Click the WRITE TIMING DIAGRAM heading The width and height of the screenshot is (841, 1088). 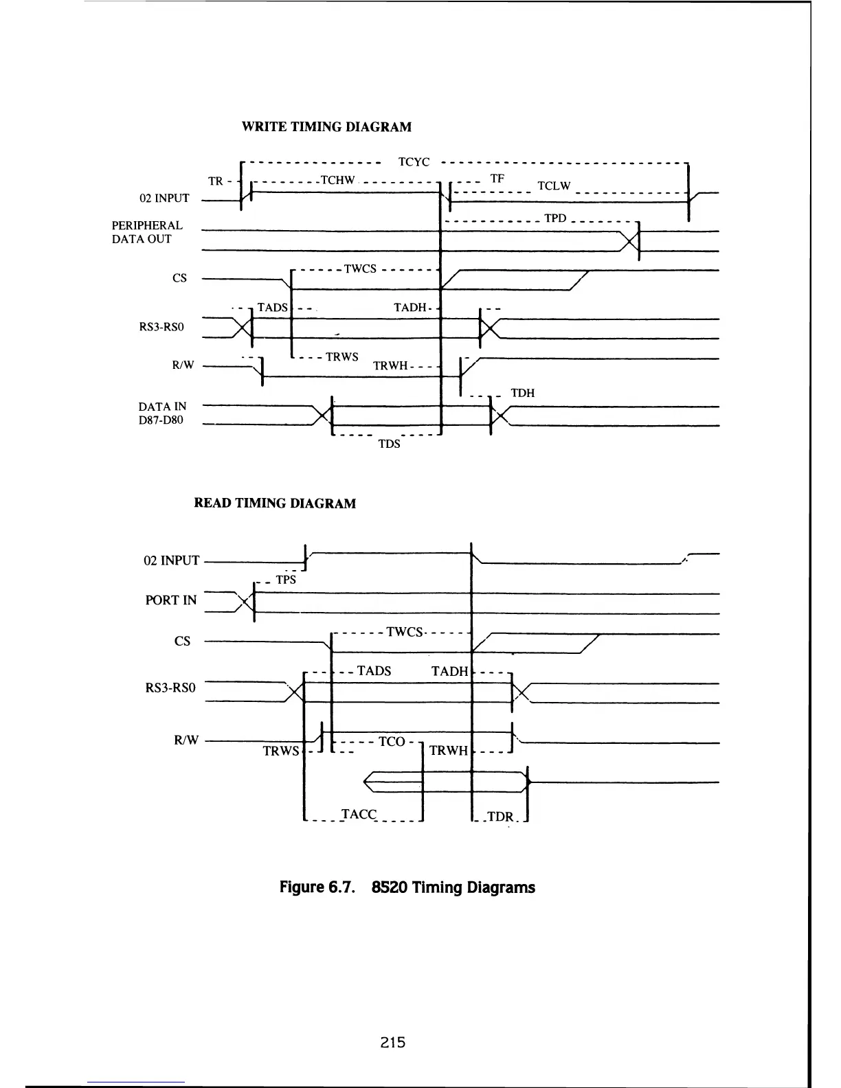coord(326,127)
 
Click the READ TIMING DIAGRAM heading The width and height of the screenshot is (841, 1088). coord(275,503)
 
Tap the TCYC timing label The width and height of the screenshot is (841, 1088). coord(414,163)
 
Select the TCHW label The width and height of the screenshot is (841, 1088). coord(337,181)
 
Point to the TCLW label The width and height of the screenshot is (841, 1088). coord(554,186)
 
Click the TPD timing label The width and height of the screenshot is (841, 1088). coord(554,218)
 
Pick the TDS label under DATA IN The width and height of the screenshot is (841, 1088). coord(389,444)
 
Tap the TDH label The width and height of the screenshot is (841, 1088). coord(522,394)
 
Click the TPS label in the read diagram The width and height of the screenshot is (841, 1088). coord(286,580)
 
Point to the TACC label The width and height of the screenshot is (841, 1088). coord(359,815)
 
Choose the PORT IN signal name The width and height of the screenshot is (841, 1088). coord(170,600)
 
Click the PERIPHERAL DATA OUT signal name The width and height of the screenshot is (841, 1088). coord(146,232)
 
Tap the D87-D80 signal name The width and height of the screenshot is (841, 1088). coord(161,420)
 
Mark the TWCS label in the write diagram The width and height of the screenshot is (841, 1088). coord(360,269)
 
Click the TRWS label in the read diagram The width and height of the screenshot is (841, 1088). coord(281,751)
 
